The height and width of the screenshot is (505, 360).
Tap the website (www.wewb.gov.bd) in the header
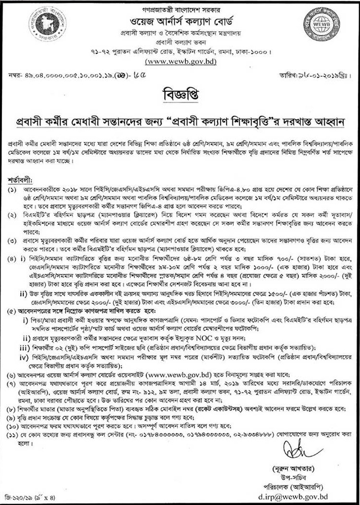click(x=180, y=61)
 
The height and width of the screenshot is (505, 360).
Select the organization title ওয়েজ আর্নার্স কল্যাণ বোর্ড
click(x=180, y=21)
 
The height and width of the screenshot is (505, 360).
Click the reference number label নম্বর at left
click(x=14, y=75)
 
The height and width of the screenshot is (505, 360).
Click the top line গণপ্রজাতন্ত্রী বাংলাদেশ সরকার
click(x=180, y=7)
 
